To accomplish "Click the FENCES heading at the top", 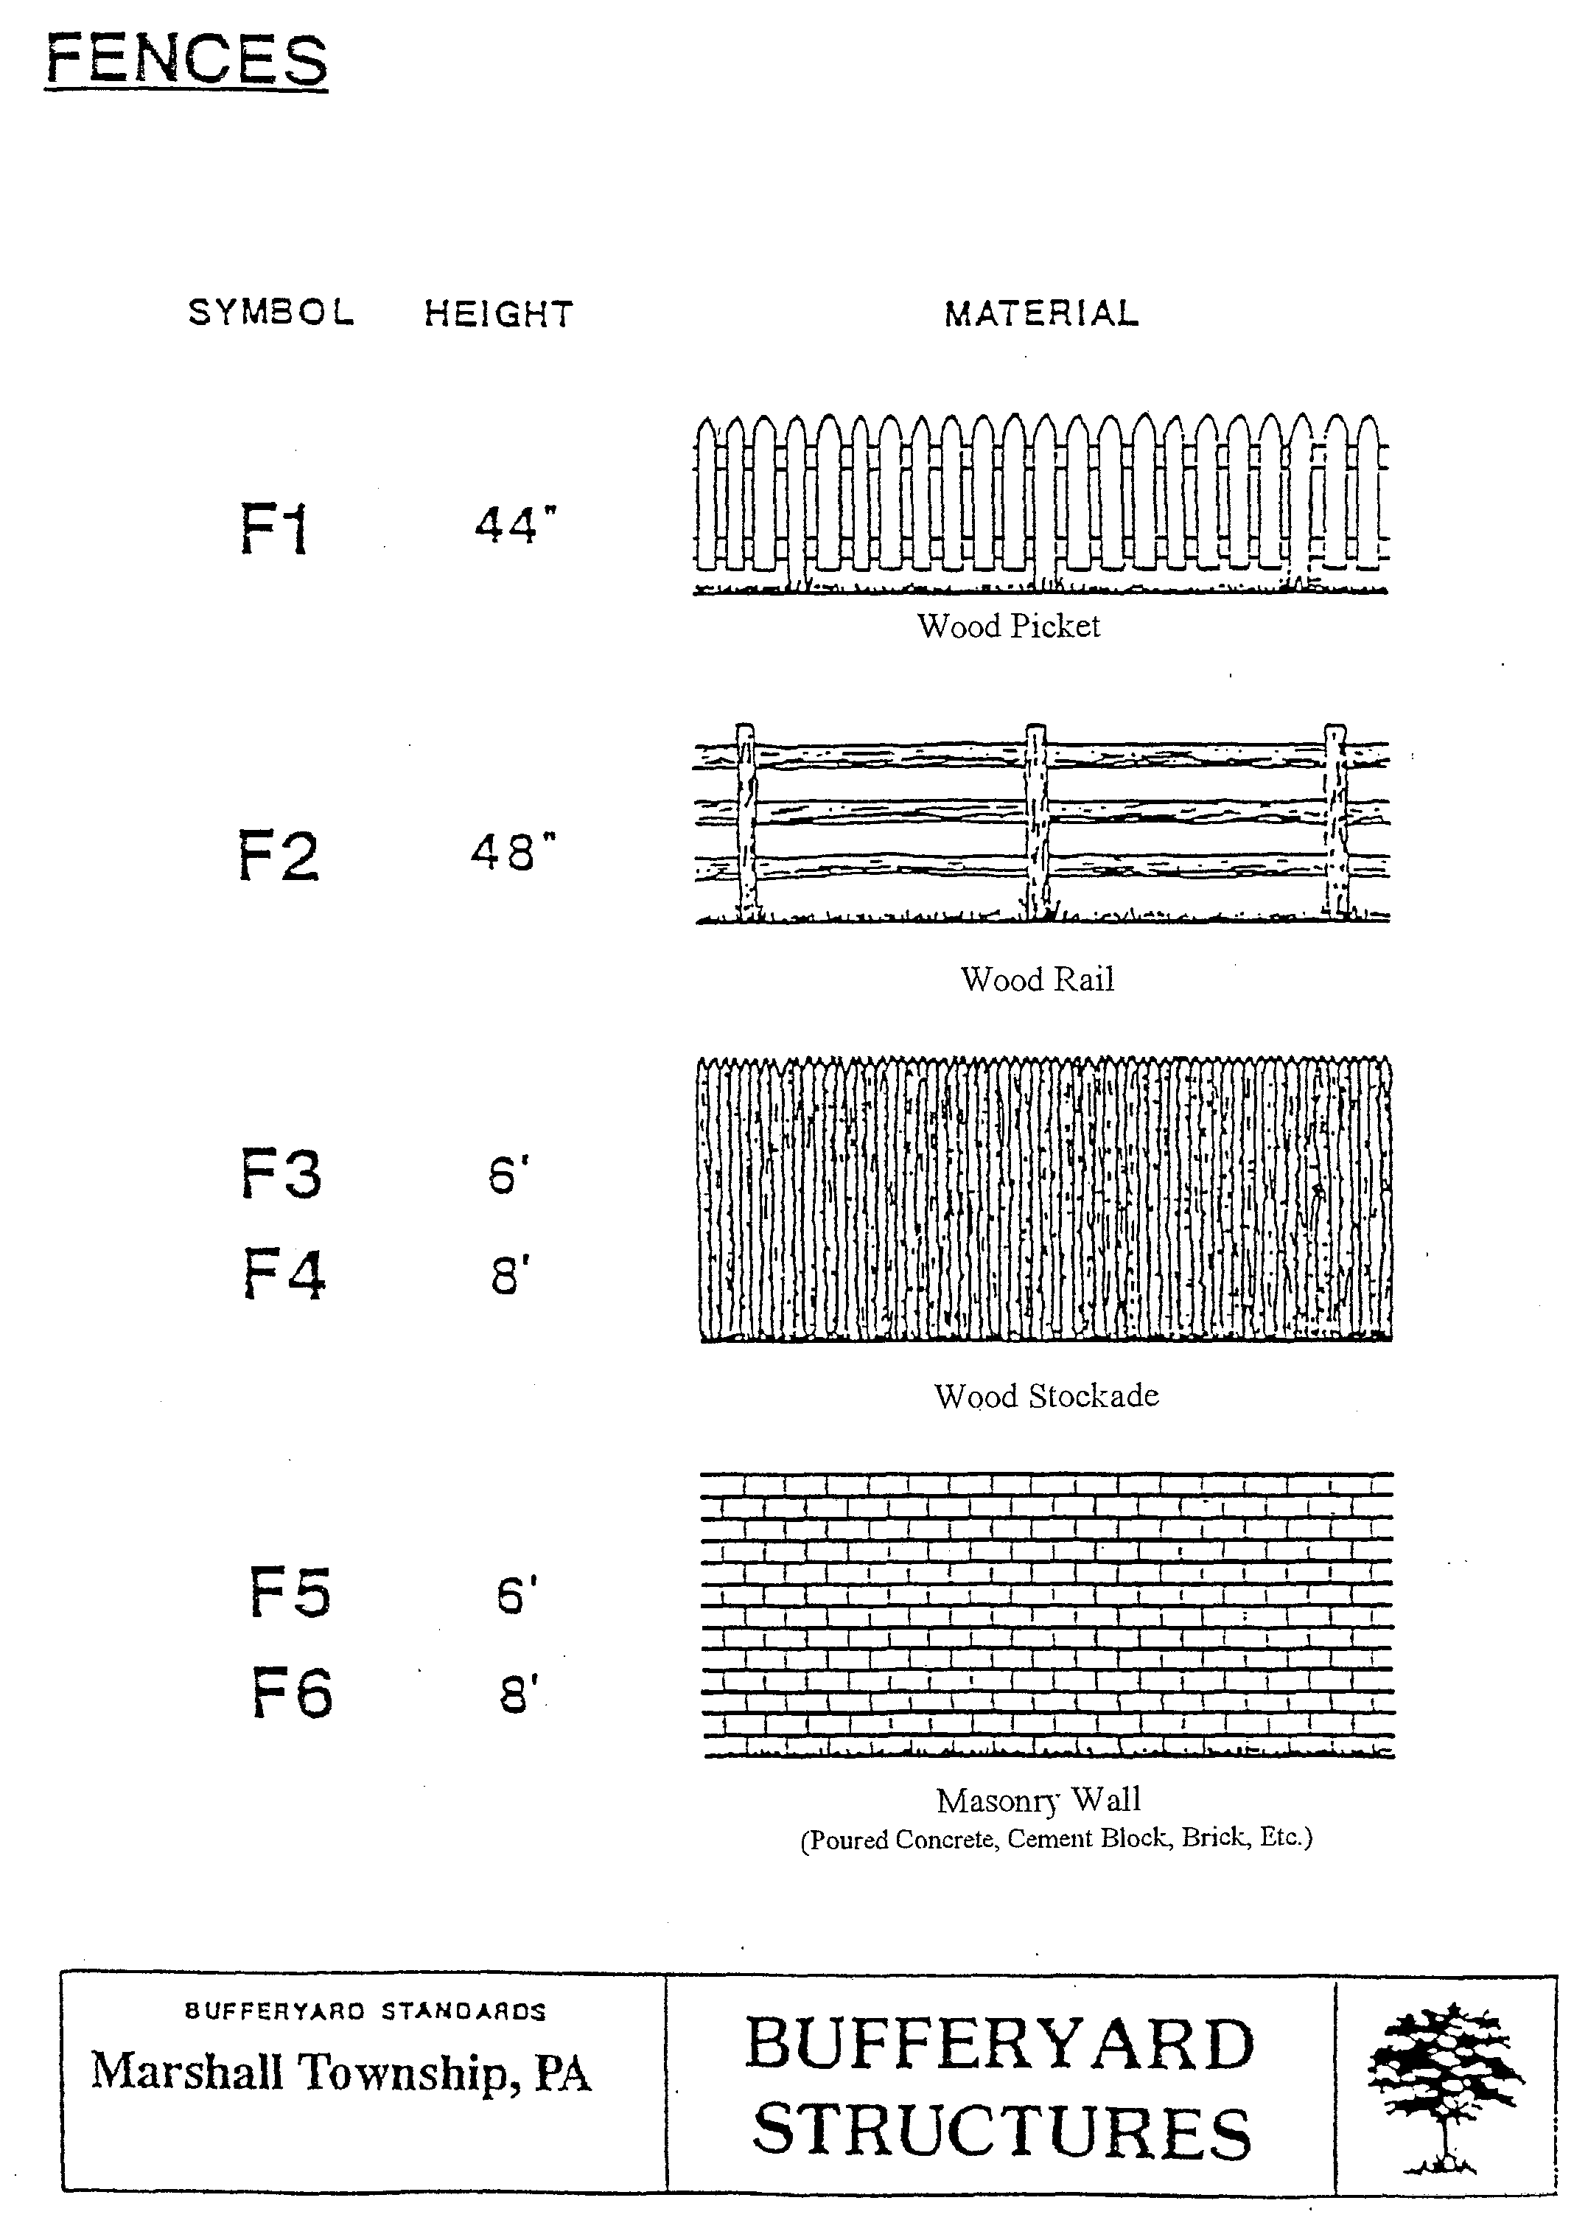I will [x=186, y=61].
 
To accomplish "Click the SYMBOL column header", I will [x=270, y=313].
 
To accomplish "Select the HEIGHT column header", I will [x=499, y=314].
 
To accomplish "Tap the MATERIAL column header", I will [x=1041, y=313].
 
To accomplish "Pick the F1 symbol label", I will [x=274, y=529].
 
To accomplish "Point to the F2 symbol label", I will [x=279, y=856].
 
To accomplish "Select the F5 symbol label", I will [x=290, y=1593].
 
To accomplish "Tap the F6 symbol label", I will [x=292, y=1693].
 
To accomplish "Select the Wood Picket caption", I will [x=1008, y=626].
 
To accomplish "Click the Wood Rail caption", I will [x=1037, y=979].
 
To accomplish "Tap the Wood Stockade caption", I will [x=1046, y=1396].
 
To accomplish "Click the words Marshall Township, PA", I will [x=340, y=2073].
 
